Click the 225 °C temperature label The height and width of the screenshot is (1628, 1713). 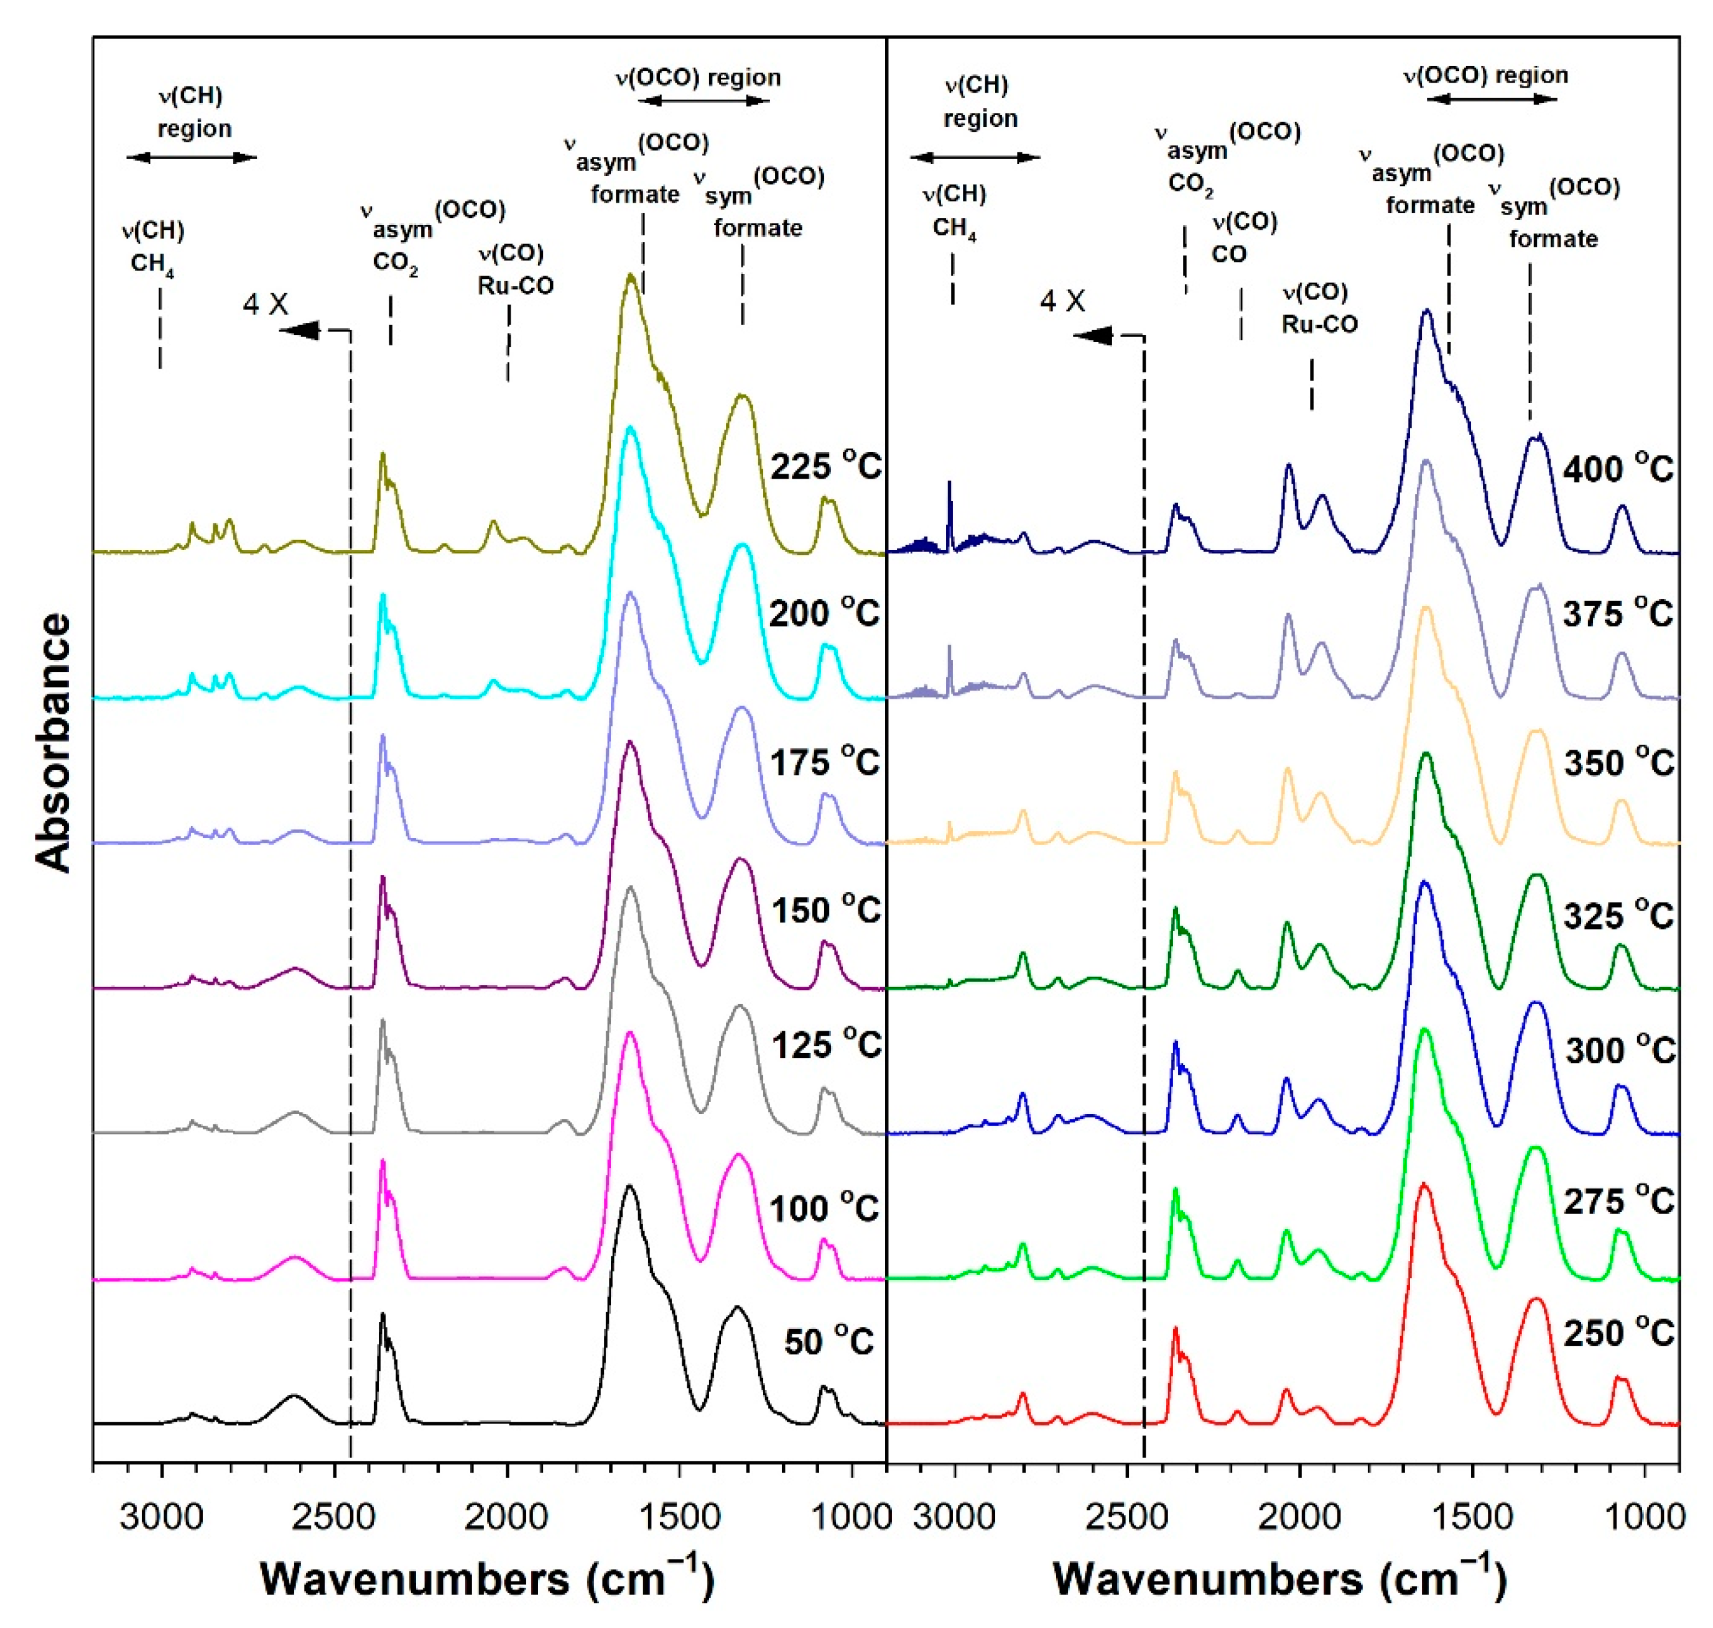pyautogui.click(x=825, y=467)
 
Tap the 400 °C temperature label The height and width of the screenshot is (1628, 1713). pyautogui.click(x=1617, y=469)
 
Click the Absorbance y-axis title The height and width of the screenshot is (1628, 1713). pyautogui.click(x=54, y=742)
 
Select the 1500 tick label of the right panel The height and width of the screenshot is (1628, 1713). pyautogui.click(x=1472, y=1516)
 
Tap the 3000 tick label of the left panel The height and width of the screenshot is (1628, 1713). pyautogui.click(x=160, y=1516)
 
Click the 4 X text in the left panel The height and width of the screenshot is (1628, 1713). pyautogui.click(x=265, y=304)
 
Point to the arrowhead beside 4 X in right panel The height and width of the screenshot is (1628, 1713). pyautogui.click(x=1092, y=335)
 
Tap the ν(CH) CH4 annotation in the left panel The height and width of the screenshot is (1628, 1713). pyautogui.click(x=153, y=246)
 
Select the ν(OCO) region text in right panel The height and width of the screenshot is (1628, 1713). pyautogui.click(x=1485, y=75)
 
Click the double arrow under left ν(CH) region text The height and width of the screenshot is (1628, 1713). pyautogui.click(x=192, y=157)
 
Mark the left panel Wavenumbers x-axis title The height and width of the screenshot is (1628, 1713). pyautogui.click(x=486, y=1577)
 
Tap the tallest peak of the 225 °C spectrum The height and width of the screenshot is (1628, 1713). pyautogui.click(x=630, y=276)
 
